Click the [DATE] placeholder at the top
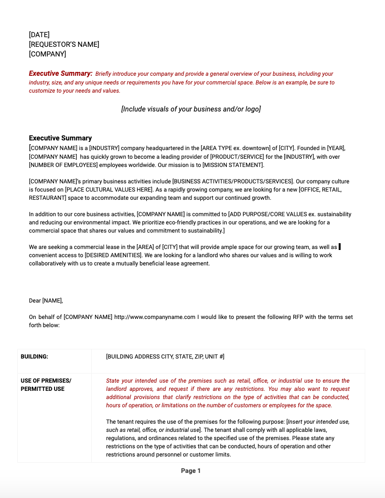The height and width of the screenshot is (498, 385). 39,35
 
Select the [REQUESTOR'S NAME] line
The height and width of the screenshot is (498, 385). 64,44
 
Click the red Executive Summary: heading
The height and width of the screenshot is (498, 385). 60,74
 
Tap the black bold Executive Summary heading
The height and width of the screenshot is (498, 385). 60,138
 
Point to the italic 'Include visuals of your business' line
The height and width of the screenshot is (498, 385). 191,109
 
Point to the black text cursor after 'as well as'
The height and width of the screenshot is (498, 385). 340,247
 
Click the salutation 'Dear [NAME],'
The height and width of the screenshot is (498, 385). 46,301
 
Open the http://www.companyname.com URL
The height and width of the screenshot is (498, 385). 154,317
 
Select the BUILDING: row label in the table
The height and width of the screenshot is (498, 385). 34,357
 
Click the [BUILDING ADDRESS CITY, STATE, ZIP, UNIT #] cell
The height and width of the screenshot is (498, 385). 165,357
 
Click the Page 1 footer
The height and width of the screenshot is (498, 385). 191,471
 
